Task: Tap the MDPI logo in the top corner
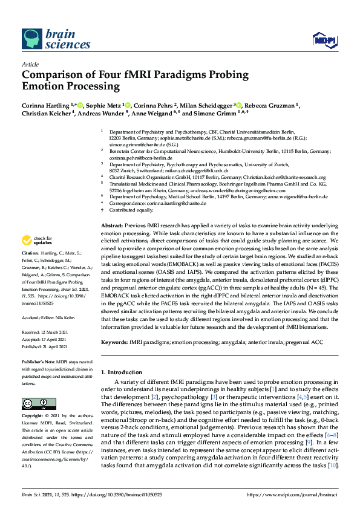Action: pyautogui.click(x=324, y=40)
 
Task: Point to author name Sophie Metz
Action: pyautogui.click(x=105, y=104)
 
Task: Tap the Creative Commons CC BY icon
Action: pyautogui.click(x=31, y=403)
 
